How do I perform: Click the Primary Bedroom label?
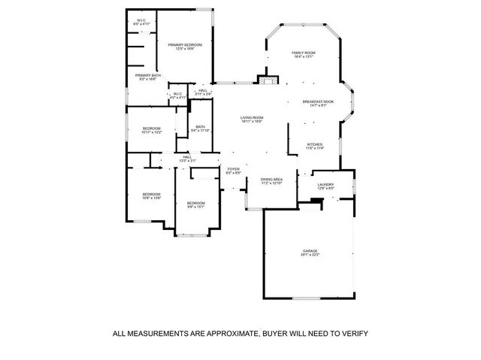click(186, 45)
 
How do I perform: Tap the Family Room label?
click(304, 53)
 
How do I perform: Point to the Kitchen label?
click(315, 144)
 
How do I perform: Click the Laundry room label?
click(325, 185)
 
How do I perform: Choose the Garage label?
click(310, 251)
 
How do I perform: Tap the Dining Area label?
click(271, 179)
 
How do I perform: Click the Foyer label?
click(234, 169)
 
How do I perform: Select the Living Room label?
click(252, 118)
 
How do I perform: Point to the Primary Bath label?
click(147, 75)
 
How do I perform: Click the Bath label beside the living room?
click(200, 126)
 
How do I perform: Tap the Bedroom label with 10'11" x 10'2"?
click(152, 129)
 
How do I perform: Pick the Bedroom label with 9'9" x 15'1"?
click(195, 203)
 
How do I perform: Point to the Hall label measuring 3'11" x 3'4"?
click(202, 90)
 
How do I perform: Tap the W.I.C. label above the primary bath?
click(141, 20)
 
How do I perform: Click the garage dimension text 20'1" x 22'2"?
click(310, 256)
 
